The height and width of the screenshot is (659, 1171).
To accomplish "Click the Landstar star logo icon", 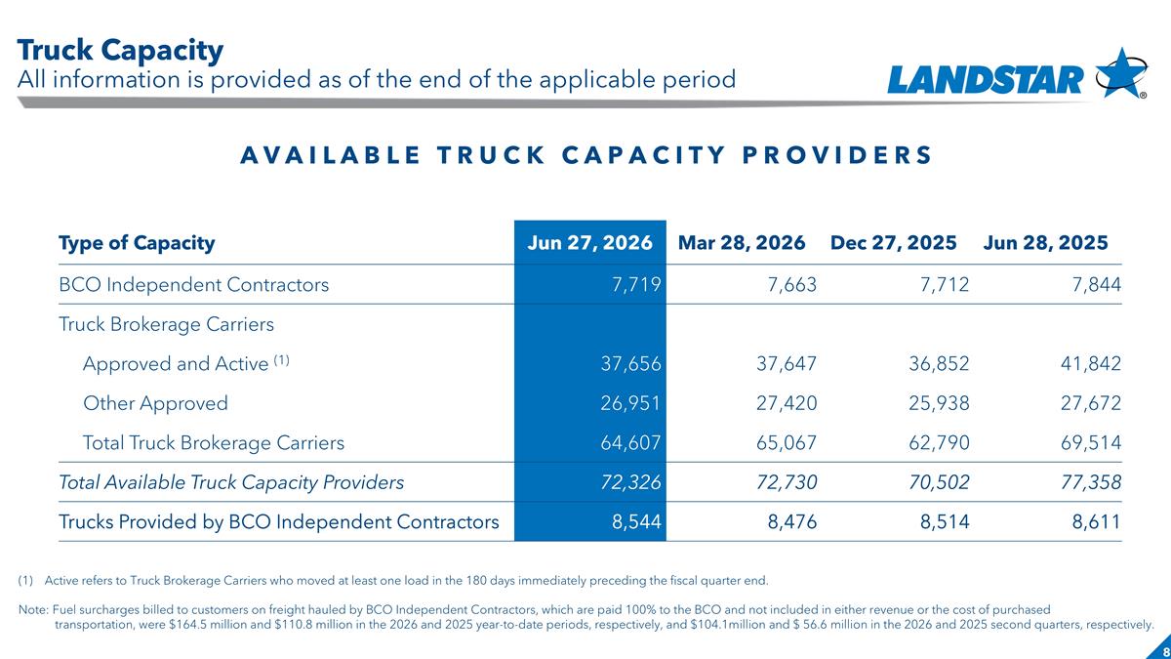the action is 1121,73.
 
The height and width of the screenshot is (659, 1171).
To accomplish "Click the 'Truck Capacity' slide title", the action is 120,51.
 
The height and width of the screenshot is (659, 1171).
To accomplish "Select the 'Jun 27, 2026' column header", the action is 589,243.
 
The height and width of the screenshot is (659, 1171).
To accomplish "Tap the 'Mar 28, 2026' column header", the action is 742,243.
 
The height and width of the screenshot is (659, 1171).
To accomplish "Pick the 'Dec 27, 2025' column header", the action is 894,243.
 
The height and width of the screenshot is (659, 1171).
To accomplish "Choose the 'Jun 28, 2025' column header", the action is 1045,243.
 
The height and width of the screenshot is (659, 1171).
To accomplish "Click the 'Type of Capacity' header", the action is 137,243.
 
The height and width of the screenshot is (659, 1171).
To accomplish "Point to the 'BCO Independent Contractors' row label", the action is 193,284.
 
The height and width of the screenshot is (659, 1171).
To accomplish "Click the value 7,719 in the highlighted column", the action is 636,284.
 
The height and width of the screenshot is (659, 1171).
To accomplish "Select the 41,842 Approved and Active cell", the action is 1091,363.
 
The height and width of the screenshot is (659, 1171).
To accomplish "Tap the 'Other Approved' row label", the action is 155,403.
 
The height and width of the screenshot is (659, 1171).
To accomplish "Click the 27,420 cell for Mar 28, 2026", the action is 787,403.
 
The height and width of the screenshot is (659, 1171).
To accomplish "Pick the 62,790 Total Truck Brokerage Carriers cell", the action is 939,443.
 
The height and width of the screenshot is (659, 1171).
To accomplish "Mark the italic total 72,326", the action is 630,482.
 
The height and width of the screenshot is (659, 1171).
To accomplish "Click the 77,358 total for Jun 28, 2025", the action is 1091,482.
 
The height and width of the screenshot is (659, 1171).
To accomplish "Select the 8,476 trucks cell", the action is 792,522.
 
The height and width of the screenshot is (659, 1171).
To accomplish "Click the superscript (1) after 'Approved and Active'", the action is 281,360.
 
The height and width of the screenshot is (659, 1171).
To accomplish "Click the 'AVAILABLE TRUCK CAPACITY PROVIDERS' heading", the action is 586,155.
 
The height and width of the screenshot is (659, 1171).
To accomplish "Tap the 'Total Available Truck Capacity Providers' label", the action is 231,482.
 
